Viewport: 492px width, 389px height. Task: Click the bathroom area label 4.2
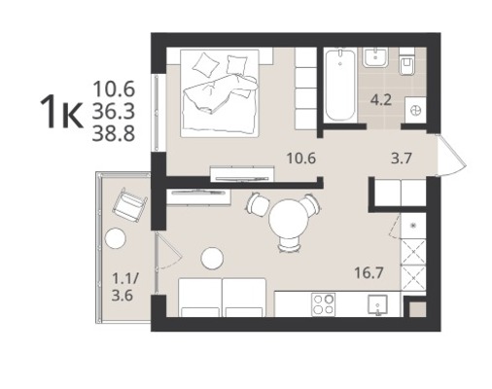[x=381, y=100]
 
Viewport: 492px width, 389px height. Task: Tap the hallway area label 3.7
[x=402, y=159]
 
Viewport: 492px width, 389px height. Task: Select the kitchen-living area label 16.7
[x=369, y=273]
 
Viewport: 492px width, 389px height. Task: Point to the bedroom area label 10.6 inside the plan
[x=301, y=159]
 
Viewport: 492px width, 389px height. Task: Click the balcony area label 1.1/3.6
[x=125, y=287]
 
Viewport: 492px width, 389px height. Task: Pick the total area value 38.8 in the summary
[x=114, y=134]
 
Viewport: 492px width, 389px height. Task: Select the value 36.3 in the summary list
[x=114, y=112]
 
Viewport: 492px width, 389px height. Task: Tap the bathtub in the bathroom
[x=339, y=85]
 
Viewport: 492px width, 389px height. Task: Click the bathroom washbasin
[x=375, y=57]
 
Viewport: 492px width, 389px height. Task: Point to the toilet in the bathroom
[x=407, y=62]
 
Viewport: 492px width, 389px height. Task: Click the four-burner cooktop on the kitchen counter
[x=323, y=304]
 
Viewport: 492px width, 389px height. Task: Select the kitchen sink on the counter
[x=377, y=305]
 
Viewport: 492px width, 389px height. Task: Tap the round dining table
[x=288, y=219]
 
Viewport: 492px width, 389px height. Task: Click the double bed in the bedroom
[x=220, y=93]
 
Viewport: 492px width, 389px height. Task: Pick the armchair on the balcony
[x=127, y=205]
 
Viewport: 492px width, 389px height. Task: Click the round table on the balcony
[x=115, y=238]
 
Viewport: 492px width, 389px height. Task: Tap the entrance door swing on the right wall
[x=451, y=155]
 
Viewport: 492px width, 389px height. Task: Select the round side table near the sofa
[x=212, y=259]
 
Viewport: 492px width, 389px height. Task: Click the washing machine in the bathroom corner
[x=415, y=110]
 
